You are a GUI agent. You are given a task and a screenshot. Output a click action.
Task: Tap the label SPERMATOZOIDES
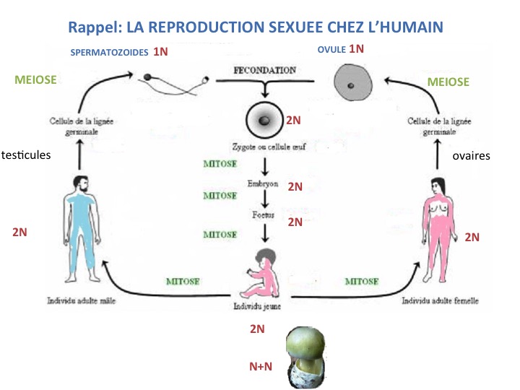tap(109, 52)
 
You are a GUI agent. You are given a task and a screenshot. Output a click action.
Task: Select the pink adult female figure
tap(438, 227)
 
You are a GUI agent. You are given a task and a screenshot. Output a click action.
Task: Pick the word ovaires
tap(470, 155)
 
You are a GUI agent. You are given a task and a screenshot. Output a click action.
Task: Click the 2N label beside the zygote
tap(294, 120)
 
